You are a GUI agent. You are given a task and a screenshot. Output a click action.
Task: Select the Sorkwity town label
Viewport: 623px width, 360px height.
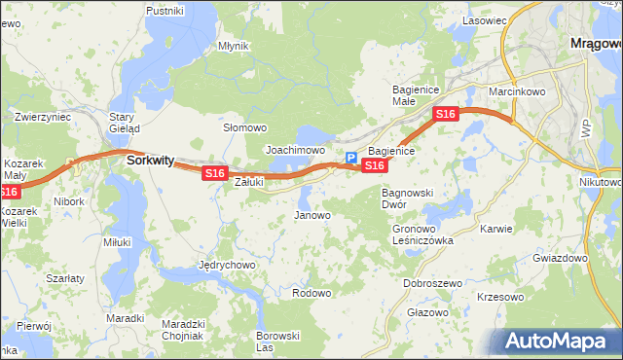(150, 162)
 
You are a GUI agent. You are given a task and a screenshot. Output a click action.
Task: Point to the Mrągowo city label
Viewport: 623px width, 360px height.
(594, 44)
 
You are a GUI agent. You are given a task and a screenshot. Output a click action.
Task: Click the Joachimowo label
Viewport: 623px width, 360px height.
(295, 151)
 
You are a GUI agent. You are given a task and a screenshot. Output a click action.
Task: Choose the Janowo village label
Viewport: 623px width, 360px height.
(312, 215)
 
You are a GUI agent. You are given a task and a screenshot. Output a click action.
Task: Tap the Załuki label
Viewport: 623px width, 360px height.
(250, 181)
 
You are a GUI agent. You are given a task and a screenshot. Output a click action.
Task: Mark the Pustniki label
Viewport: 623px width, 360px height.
(165, 10)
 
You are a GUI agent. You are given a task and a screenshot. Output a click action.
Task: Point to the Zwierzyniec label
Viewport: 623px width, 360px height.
(43, 117)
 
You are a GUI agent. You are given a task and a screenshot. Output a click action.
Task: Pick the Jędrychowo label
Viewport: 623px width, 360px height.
(226, 265)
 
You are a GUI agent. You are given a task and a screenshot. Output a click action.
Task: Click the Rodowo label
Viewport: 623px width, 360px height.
(311, 293)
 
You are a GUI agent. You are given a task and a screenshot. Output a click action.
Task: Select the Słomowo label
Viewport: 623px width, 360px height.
(244, 127)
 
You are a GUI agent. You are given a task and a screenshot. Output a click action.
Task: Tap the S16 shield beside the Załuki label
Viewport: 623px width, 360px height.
(214, 173)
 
